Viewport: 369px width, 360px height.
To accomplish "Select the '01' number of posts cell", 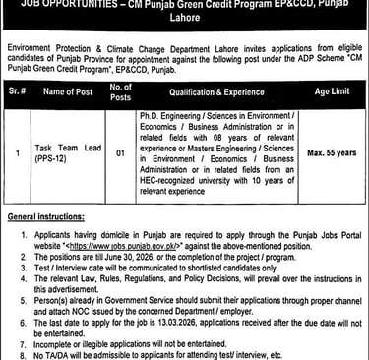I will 120,154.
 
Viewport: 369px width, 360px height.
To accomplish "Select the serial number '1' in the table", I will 19,154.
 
